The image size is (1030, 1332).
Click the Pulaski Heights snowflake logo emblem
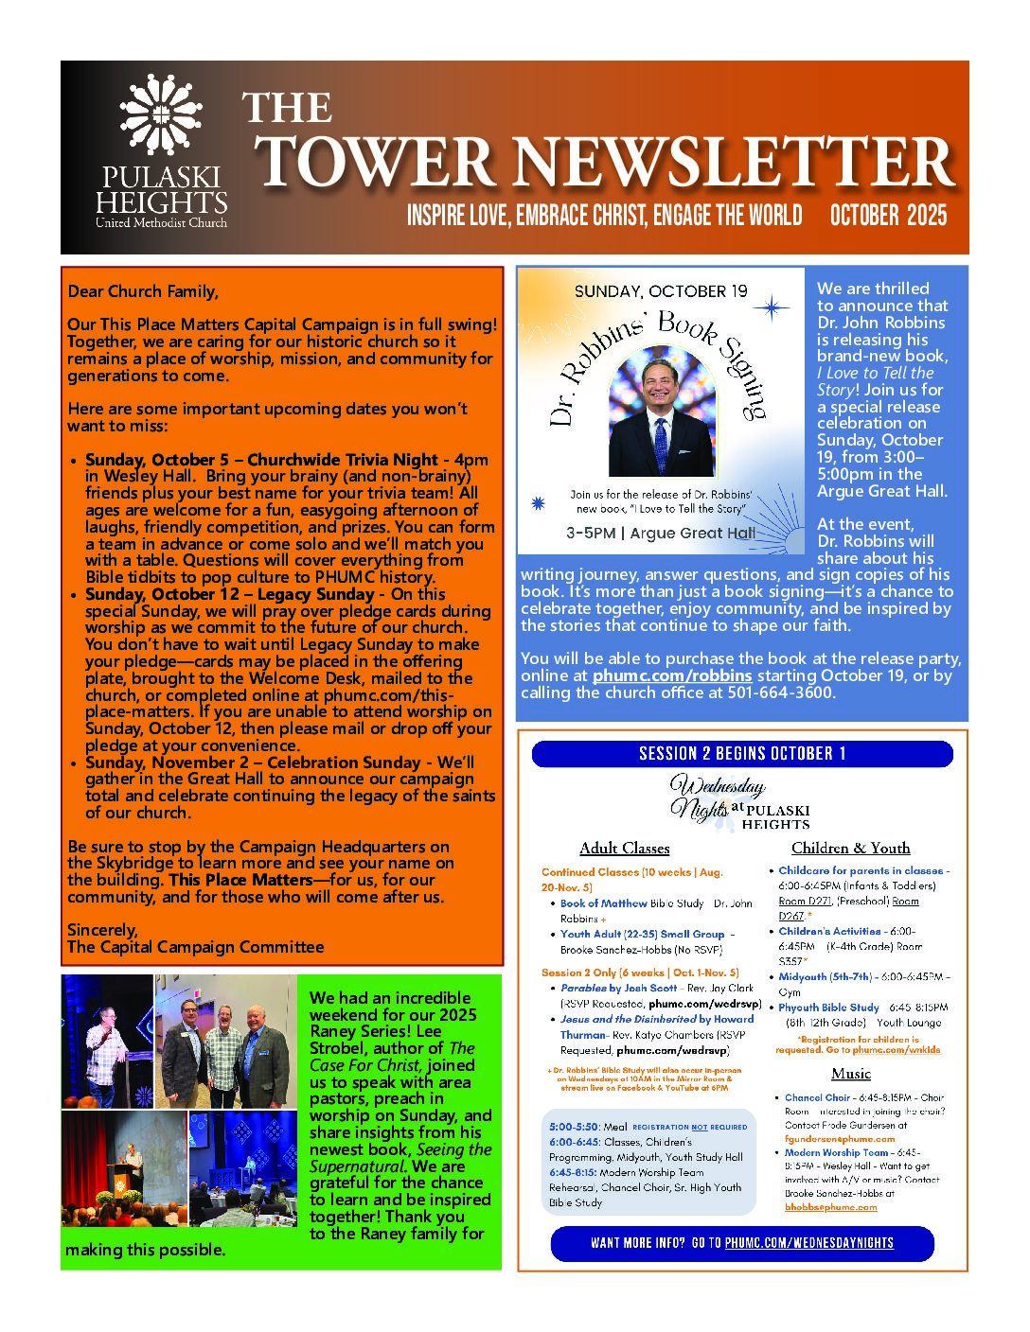[x=160, y=114]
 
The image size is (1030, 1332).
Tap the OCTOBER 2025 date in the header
[x=887, y=216]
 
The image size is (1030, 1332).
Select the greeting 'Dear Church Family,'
[x=143, y=291]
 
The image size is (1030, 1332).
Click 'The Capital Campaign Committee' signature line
[x=195, y=947]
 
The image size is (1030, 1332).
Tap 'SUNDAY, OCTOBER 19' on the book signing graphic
[x=661, y=291]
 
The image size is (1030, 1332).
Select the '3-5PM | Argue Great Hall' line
[x=661, y=534]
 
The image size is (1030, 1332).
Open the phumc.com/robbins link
[x=672, y=675]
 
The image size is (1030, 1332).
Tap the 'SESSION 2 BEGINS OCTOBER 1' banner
[x=742, y=754]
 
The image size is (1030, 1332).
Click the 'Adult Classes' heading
[x=624, y=849]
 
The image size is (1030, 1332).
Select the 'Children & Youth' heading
[x=850, y=849]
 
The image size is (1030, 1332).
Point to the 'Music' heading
[x=850, y=1074]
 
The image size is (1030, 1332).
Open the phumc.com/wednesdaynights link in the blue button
[x=808, y=1243]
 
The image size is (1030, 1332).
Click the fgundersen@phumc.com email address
[x=840, y=1139]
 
